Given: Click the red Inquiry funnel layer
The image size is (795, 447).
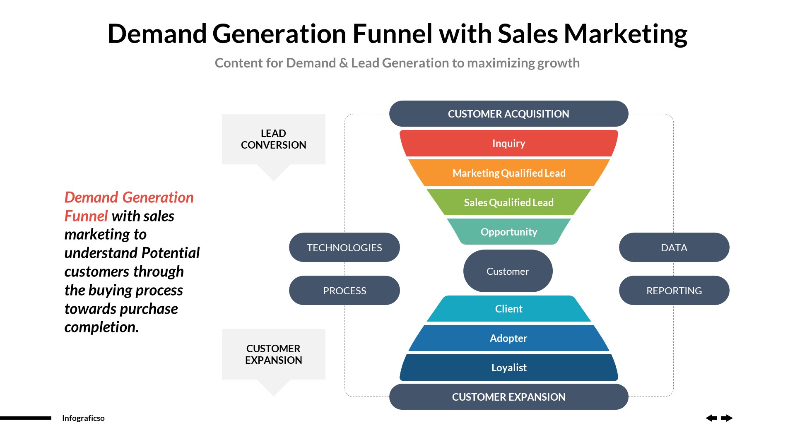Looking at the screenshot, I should [508, 143].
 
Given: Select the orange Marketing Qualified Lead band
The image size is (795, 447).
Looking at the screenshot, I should [508, 173].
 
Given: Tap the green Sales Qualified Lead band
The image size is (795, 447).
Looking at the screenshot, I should [508, 202].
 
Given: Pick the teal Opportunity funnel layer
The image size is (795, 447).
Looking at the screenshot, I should [508, 232].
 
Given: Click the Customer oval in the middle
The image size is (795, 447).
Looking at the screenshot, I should [508, 271].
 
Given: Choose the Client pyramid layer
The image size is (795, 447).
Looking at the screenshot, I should [508, 309].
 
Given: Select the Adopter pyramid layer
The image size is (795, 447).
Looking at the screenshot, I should [508, 338].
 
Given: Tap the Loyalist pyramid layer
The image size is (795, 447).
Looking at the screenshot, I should [508, 368].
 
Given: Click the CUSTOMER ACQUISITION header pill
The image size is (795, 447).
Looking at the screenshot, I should [508, 114].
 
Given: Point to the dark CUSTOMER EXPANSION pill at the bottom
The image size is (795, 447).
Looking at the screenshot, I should [508, 397].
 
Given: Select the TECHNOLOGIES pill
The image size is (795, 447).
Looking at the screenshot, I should [344, 248].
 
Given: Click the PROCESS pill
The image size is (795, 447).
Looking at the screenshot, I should [344, 291].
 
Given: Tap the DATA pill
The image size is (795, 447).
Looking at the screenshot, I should [674, 248].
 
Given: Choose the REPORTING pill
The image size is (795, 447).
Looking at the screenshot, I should [674, 291].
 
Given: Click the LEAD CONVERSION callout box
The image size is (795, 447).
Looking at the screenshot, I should [273, 139].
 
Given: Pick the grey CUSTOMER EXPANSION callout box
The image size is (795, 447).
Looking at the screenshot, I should [273, 354].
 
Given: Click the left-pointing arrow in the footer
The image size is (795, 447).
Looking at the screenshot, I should [711, 418].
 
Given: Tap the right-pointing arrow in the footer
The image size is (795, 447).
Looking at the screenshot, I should [727, 418].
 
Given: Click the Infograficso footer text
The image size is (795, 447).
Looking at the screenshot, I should [83, 418].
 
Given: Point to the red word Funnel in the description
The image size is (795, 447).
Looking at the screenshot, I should [86, 216].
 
